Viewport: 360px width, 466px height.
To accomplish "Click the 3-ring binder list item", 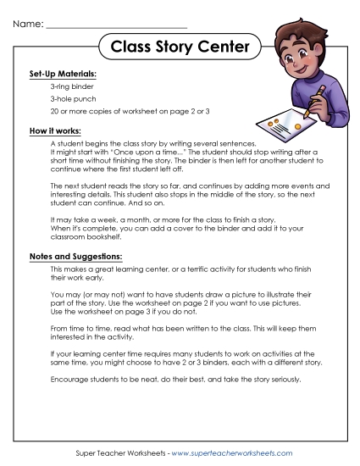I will click(72, 87).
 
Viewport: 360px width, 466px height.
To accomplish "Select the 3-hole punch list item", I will click(73, 100).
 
